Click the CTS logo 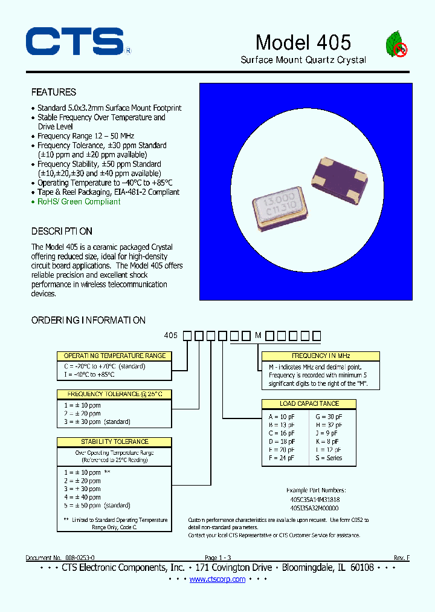pyautogui.click(x=75, y=42)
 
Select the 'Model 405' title pyautogui.click(x=303, y=42)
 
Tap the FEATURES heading pyautogui.click(x=54, y=92)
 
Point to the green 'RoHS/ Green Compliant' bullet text pyautogui.click(x=79, y=201)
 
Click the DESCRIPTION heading pyautogui.click(x=62, y=231)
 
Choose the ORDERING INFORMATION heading pyautogui.click(x=88, y=320)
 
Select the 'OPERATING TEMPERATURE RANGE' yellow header pyautogui.click(x=115, y=356)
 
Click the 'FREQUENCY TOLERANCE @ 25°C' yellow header pyautogui.click(x=114, y=394)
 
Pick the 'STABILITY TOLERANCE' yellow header pyautogui.click(x=115, y=441)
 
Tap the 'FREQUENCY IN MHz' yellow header pyautogui.click(x=321, y=356)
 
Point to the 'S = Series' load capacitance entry pyautogui.click(x=329, y=458)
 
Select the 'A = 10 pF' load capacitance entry pyautogui.click(x=282, y=417)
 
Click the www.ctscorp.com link pyautogui.click(x=217, y=579)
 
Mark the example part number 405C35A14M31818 pyautogui.click(x=315, y=500)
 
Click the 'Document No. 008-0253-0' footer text pyautogui.click(x=60, y=557)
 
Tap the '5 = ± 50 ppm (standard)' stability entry pyautogui.click(x=97, y=505)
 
